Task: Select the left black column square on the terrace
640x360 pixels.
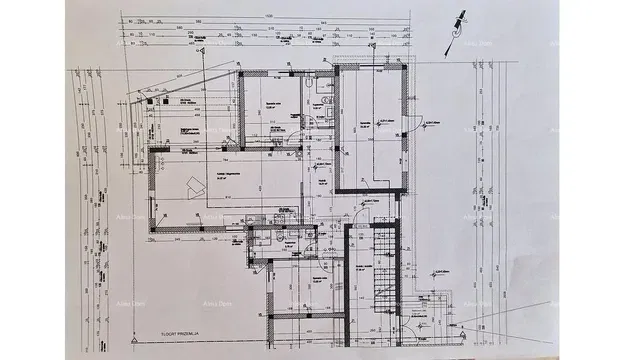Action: (x=149, y=100)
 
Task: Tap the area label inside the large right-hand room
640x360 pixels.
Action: (x=370, y=125)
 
